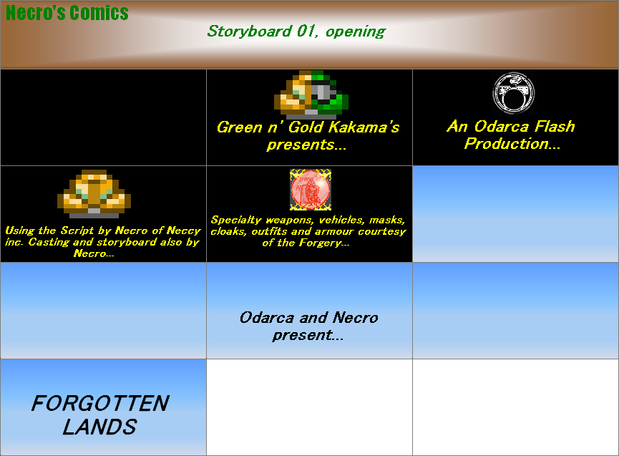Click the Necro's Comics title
point(67,13)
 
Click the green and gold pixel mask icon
point(313,93)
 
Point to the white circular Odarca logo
point(513,93)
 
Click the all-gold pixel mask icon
point(94,193)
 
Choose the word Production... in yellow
point(512,144)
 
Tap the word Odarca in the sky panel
point(266,318)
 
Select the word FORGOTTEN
point(100,403)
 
